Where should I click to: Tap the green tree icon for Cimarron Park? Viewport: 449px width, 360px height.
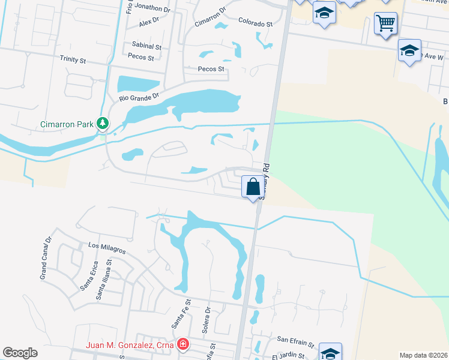click(104, 124)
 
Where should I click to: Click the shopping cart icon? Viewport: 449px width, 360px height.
click(385, 24)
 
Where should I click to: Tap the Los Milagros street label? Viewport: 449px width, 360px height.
click(107, 246)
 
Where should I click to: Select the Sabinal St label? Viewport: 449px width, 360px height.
click(147, 46)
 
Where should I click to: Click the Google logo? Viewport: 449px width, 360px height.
click(20, 353)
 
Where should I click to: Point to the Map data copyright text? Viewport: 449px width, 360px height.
click(423, 355)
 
